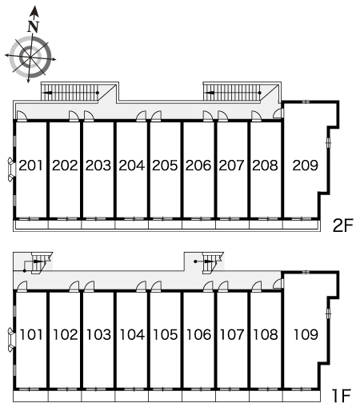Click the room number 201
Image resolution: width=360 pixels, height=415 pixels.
tap(30, 166)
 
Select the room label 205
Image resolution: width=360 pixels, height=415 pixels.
tap(165, 166)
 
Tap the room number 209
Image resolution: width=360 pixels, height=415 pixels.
tap(306, 166)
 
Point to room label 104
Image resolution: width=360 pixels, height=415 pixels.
tap(132, 334)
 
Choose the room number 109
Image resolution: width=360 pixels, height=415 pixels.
tap(306, 334)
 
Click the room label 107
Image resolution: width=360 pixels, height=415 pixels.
tap(232, 334)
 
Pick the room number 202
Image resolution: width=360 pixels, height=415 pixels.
tap(65, 166)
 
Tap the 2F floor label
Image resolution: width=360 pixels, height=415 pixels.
tap(343, 225)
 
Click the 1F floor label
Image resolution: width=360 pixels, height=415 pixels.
tap(341, 396)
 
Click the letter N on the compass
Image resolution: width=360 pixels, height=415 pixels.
tap(34, 26)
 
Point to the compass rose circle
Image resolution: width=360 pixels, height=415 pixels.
tap(30, 57)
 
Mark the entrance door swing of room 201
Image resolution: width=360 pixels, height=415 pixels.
tap(22, 116)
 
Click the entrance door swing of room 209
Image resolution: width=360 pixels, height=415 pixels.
tap(278, 113)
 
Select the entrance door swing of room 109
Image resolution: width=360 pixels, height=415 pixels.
tap(278, 283)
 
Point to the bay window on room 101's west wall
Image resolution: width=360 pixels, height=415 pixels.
tap(10, 340)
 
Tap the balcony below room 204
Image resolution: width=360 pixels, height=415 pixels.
tap(132, 225)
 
